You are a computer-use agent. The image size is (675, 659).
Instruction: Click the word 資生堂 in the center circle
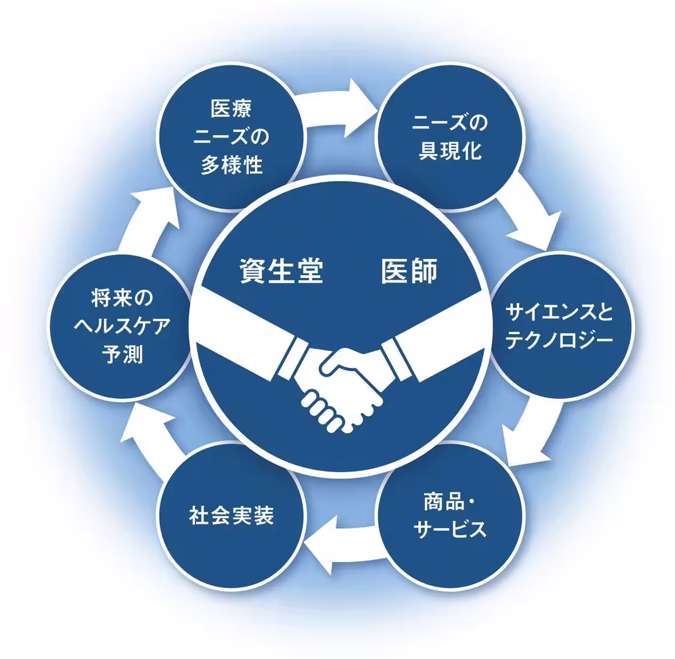281,271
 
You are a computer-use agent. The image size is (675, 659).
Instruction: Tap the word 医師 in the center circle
409,271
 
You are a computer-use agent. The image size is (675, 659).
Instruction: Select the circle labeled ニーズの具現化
450,137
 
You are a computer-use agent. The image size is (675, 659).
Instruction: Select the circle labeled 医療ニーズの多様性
231,137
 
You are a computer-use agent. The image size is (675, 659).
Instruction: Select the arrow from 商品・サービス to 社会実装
340,544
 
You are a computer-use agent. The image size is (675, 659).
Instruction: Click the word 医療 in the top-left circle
231,108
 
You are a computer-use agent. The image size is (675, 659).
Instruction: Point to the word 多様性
231,165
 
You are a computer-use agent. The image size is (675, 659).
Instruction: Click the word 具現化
450,151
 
